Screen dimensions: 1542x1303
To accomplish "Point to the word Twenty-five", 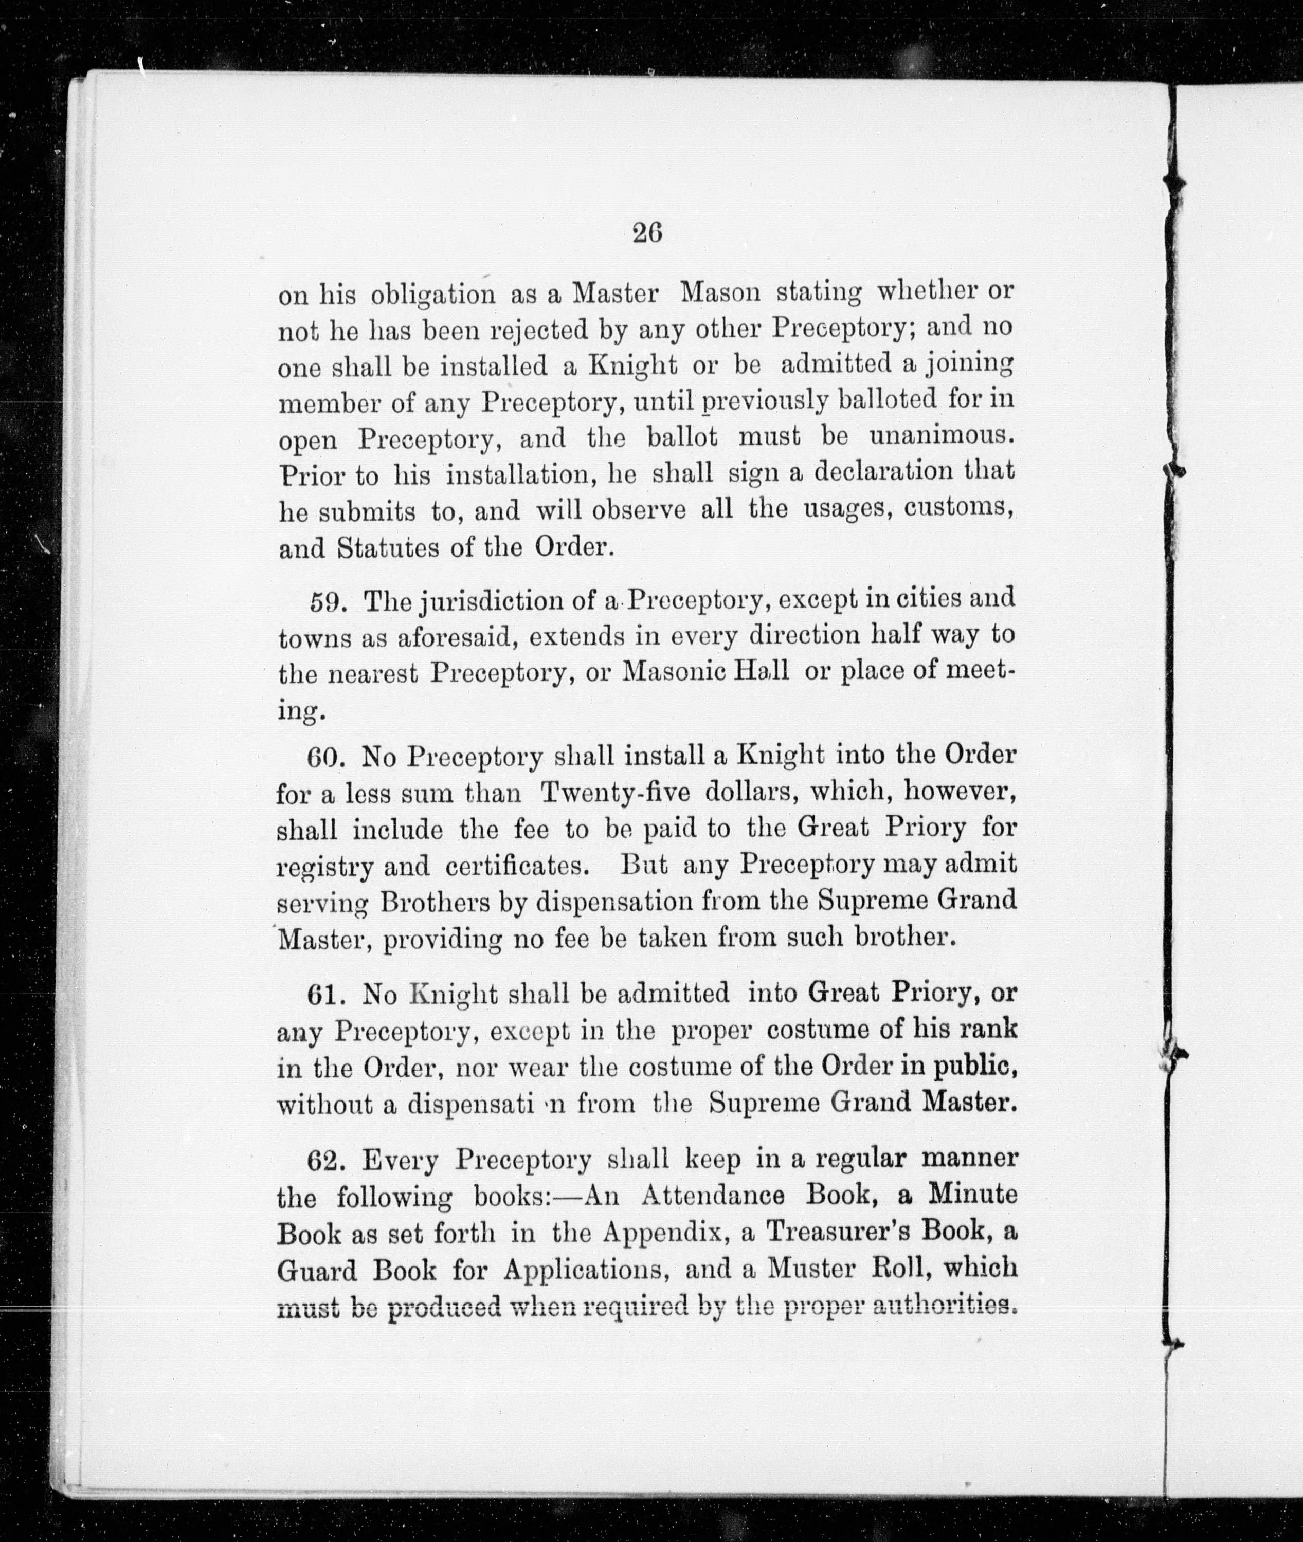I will point(616,793).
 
